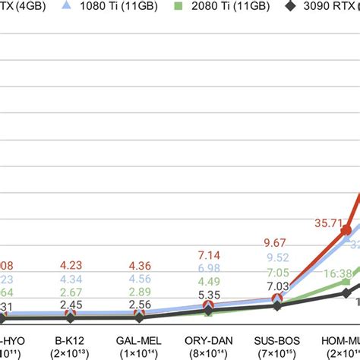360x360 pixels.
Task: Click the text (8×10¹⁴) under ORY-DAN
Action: pyautogui.click(x=208, y=354)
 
